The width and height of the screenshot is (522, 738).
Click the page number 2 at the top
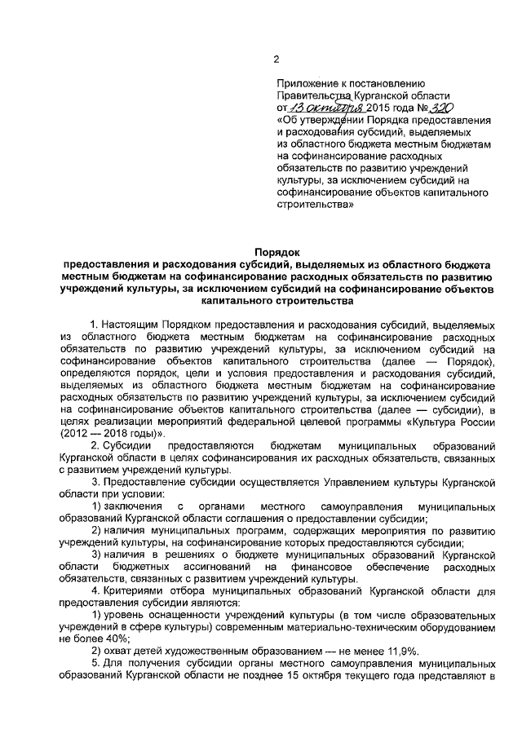click(276, 57)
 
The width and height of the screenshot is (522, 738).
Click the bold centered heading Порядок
click(277, 253)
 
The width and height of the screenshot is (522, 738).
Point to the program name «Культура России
click(447, 421)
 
